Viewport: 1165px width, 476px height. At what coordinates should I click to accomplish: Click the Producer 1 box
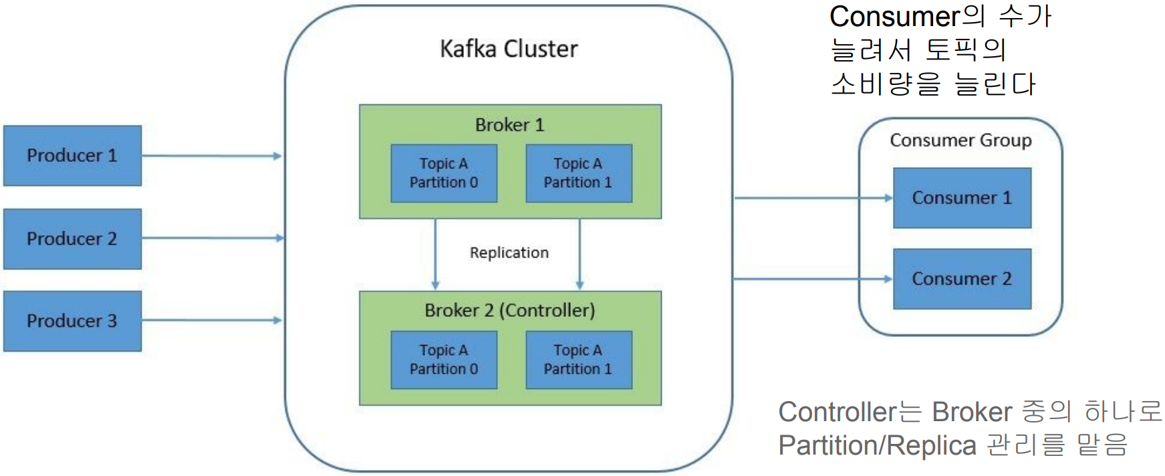pyautogui.click(x=72, y=156)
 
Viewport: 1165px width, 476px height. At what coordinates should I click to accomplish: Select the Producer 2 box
pyautogui.click(x=72, y=239)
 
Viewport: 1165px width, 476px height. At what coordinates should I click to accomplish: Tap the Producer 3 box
pyautogui.click(x=72, y=321)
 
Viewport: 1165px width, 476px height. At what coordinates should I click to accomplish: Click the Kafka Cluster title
pyautogui.click(x=509, y=49)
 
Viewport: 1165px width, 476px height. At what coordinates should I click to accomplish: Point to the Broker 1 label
pyautogui.click(x=509, y=125)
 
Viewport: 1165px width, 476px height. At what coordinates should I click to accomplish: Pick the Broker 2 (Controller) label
pyautogui.click(x=509, y=310)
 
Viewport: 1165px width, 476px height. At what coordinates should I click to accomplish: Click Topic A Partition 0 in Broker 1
pyautogui.click(x=444, y=173)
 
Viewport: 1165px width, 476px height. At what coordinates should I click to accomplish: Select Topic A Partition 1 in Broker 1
pyautogui.click(x=578, y=173)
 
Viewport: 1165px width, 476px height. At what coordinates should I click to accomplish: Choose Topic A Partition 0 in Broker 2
pyautogui.click(x=444, y=360)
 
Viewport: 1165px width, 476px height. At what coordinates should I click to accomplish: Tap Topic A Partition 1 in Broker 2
pyautogui.click(x=578, y=360)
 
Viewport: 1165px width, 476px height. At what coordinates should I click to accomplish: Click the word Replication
pyautogui.click(x=509, y=253)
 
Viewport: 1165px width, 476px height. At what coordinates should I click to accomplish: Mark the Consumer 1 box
pyautogui.click(x=962, y=198)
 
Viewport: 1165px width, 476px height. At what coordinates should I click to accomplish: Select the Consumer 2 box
pyautogui.click(x=962, y=279)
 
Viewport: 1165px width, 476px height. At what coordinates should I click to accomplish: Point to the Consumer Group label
pyautogui.click(x=960, y=140)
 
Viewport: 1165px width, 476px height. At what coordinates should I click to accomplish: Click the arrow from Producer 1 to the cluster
pyautogui.click(x=211, y=156)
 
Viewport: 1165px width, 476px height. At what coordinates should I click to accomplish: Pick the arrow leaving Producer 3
pyautogui.click(x=211, y=320)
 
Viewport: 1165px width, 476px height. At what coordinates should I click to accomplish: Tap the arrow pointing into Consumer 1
pyautogui.click(x=813, y=198)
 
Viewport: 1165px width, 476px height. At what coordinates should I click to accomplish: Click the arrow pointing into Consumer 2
pyautogui.click(x=813, y=279)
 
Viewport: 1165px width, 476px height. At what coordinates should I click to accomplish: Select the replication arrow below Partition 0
pyautogui.click(x=435, y=254)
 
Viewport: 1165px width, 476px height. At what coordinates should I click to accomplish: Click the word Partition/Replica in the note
pyautogui.click(x=877, y=445)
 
